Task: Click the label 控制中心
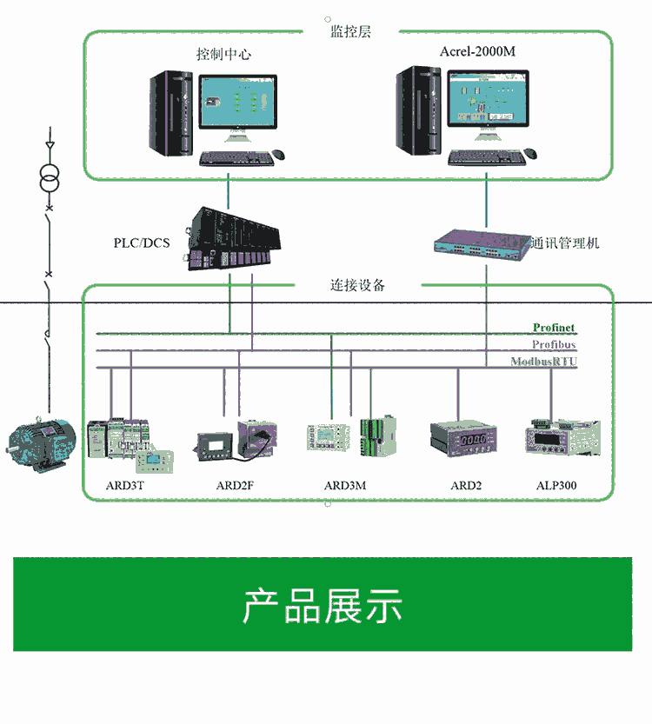click(x=223, y=54)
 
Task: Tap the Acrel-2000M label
click(x=476, y=51)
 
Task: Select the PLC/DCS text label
click(x=142, y=242)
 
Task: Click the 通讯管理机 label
click(x=566, y=242)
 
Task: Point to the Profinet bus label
click(x=554, y=328)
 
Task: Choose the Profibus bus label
click(x=553, y=345)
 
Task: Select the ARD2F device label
click(x=235, y=485)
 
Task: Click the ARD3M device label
click(x=345, y=485)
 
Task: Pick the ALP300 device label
click(x=556, y=485)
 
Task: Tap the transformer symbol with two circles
click(x=50, y=180)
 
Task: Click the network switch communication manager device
click(x=482, y=242)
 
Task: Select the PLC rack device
click(x=232, y=238)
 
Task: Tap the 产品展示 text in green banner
click(x=322, y=606)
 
